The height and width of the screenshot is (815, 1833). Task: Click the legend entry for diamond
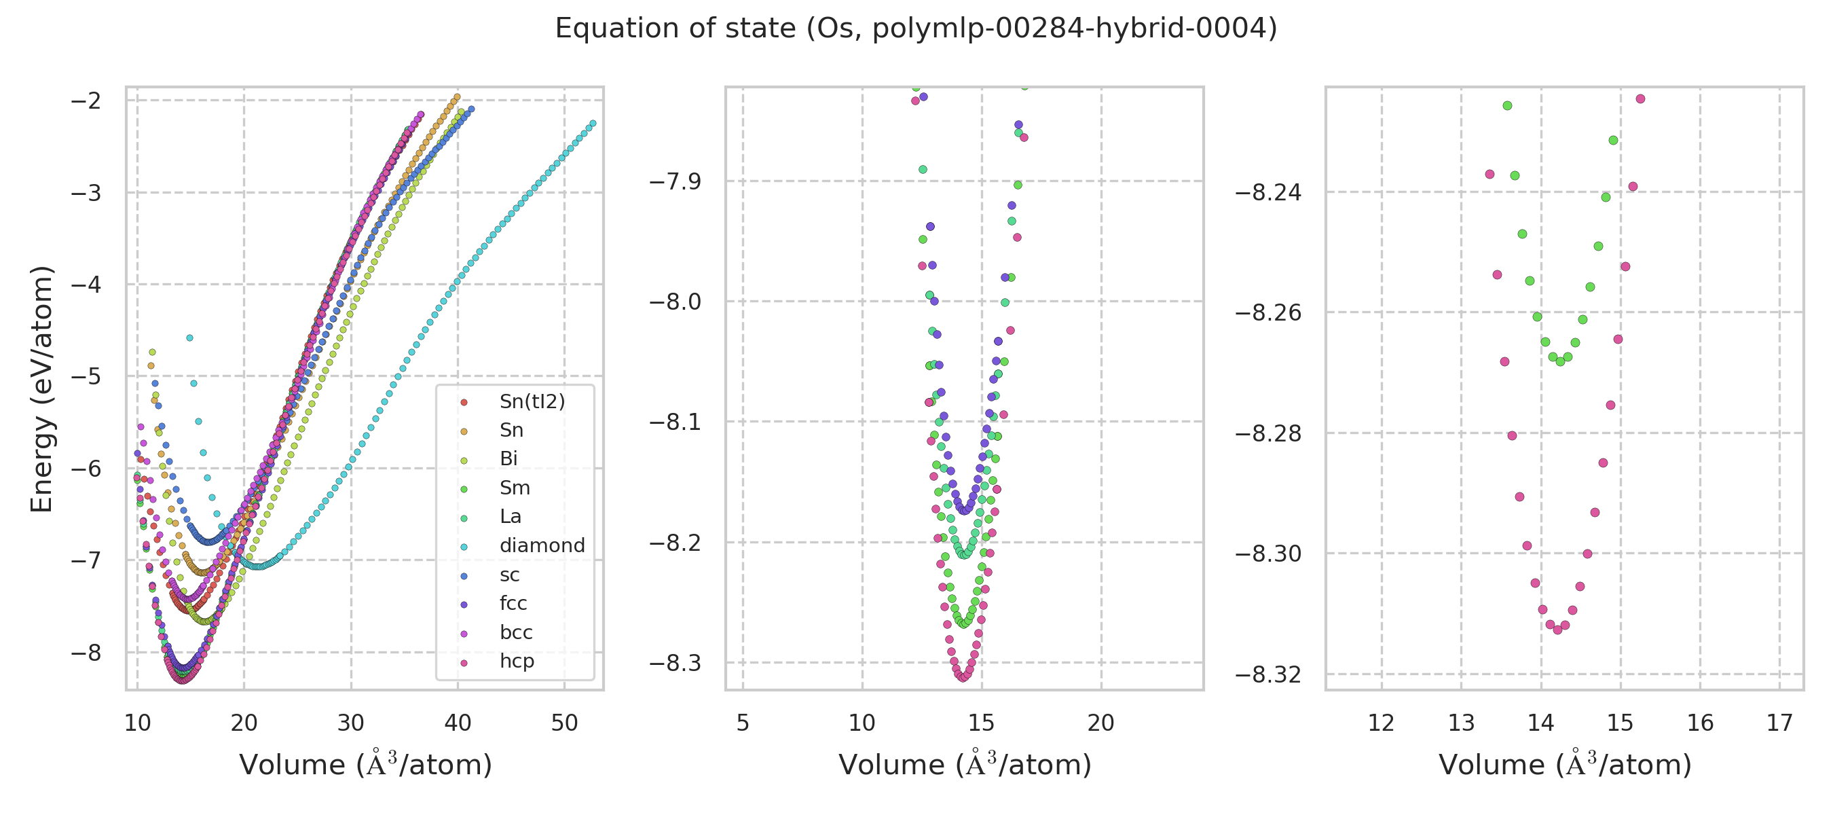[x=542, y=545]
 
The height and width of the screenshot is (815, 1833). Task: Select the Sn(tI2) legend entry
[x=532, y=401]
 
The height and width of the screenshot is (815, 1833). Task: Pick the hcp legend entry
[x=517, y=662]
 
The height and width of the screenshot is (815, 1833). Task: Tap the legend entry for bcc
[x=516, y=632]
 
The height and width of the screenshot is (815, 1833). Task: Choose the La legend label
[x=511, y=517]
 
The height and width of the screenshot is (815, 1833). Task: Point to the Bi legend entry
[x=508, y=459]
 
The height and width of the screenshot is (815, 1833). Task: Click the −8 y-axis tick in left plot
[x=86, y=653]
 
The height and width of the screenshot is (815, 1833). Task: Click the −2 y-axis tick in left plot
[x=86, y=101]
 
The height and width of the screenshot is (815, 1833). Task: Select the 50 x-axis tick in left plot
[x=564, y=723]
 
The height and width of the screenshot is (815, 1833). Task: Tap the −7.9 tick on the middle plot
[x=675, y=181]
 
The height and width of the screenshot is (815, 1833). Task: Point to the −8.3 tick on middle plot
[x=675, y=664]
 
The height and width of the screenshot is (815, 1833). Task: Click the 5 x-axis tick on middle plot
[x=743, y=723]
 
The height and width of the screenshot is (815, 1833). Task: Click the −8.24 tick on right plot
[x=1267, y=192]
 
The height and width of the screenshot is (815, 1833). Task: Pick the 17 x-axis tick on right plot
[x=1779, y=723]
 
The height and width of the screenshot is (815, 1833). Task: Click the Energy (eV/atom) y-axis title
[x=42, y=388]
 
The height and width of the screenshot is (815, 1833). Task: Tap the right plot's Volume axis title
[x=1565, y=765]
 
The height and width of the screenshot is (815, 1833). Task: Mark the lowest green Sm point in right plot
[x=1561, y=361]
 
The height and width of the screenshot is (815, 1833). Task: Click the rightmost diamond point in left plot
[x=593, y=124]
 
